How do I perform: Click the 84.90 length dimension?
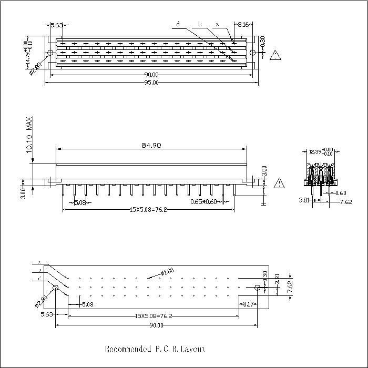pos(151,145)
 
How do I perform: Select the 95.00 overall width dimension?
pos(151,82)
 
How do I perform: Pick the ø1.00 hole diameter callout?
pos(167,272)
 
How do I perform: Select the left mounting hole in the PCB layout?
pos(56,288)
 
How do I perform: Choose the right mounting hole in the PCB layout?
pos(257,288)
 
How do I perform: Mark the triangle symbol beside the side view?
pos(279,183)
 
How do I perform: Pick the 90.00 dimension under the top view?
pos(151,75)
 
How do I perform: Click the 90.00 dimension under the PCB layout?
pos(156,325)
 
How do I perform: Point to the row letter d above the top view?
pos(178,24)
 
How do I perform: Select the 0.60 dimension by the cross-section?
pos(341,192)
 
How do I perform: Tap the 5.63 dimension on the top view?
pos(56,24)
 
